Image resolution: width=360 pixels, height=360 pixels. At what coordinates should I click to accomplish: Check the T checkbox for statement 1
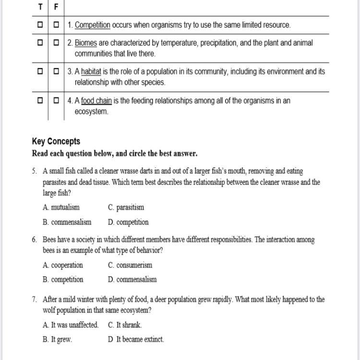point(40,24)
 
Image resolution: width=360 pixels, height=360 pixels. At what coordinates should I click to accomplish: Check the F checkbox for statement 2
point(56,43)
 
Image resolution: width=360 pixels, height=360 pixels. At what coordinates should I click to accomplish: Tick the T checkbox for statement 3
point(40,72)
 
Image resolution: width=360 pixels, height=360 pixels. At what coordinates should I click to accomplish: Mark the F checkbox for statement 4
point(56,101)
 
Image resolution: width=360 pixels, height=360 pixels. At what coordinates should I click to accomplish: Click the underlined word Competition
point(93,24)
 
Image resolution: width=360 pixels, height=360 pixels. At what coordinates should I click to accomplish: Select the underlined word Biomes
point(86,43)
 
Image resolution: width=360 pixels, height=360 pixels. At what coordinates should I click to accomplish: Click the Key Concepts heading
point(56,141)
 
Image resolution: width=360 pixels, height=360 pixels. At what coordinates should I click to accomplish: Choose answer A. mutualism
point(61,207)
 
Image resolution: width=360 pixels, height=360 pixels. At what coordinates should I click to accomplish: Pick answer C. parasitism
point(126,207)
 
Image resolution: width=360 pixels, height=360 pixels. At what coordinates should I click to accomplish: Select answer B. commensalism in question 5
point(67,222)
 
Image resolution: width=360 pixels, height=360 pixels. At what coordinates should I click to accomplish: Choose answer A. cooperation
point(62,265)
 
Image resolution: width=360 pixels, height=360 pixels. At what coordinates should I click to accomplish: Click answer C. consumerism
point(130,265)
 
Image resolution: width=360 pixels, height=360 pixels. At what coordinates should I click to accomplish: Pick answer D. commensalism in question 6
point(132,279)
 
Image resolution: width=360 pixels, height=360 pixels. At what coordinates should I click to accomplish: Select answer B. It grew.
point(57,339)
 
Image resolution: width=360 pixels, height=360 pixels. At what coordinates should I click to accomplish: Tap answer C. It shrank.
point(125,325)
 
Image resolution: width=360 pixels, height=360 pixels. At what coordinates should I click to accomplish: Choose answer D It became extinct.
point(136,339)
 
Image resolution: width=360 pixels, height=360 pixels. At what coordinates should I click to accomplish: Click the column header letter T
point(40,7)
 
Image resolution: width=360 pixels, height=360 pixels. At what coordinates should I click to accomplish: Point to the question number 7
point(35,299)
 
